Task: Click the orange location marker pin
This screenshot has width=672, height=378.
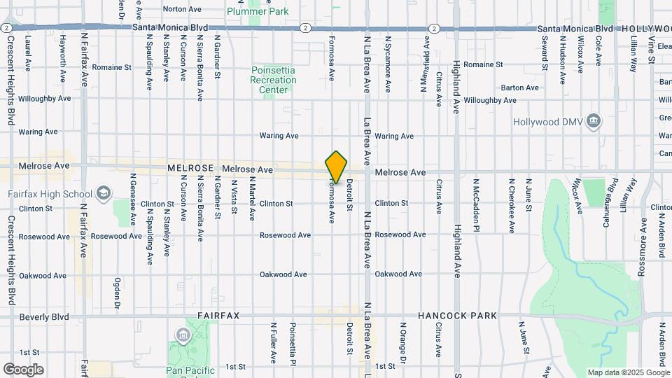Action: click(337, 167)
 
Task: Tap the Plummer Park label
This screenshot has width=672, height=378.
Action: click(258, 11)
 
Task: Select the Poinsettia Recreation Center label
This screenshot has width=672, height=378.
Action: click(274, 80)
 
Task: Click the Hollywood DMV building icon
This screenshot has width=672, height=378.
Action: click(594, 121)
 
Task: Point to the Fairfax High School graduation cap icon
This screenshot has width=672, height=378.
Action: click(104, 193)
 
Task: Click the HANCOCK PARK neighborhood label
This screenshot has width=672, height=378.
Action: click(457, 316)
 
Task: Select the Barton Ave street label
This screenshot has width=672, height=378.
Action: click(520, 87)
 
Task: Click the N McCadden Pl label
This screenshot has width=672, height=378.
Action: click(475, 204)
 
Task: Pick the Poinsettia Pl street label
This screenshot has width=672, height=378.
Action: click(293, 344)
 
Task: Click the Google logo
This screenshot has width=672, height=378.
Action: click(23, 369)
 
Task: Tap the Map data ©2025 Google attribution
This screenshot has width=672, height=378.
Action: click(628, 372)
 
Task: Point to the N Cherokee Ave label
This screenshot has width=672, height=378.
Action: click(512, 204)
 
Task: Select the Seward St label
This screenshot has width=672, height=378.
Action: click(544, 53)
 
